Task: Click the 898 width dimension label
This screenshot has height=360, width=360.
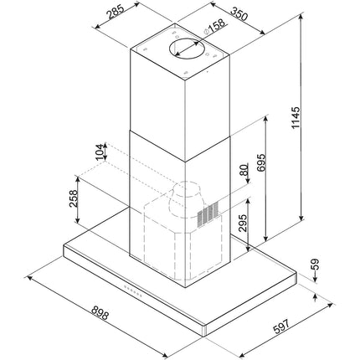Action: point(100,313)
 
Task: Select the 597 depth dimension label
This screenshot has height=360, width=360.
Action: point(281,326)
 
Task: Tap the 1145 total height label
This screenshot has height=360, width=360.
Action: point(296,118)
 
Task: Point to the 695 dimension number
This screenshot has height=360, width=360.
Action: point(260,162)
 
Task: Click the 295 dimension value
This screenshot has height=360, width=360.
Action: point(243,223)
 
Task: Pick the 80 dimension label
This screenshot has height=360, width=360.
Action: point(244,170)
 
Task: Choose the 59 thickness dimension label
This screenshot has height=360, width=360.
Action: point(315,264)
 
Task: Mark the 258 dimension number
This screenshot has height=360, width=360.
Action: point(73,198)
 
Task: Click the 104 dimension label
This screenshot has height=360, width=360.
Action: point(100,152)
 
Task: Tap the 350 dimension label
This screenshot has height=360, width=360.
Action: point(239,14)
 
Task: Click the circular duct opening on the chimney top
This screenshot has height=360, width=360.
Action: point(186,49)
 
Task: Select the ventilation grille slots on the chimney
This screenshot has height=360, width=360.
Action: point(208,214)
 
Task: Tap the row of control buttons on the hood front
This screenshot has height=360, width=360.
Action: point(133,291)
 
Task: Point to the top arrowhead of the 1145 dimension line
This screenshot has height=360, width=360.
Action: point(301,18)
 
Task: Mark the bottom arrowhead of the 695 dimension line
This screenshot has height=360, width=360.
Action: point(266,237)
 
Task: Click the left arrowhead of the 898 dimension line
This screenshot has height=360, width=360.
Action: point(28,278)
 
